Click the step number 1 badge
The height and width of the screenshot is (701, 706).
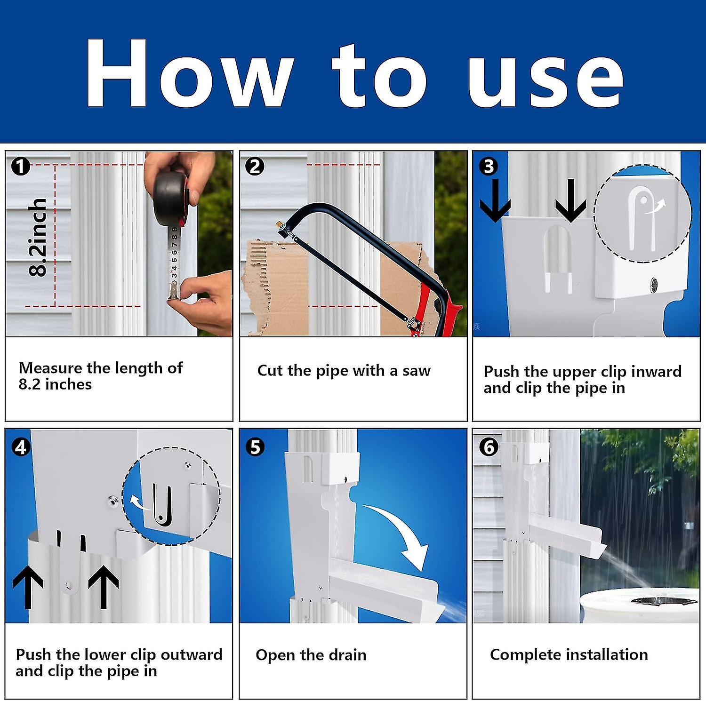tap(20, 166)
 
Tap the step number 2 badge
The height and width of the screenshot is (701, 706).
tap(255, 166)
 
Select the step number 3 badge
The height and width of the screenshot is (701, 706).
tap(489, 166)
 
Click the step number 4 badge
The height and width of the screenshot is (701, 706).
tap(20, 447)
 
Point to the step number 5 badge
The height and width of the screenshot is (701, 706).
tap(255, 447)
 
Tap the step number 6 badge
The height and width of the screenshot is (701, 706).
tap(489, 447)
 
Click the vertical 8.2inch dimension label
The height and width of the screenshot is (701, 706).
tap(38, 237)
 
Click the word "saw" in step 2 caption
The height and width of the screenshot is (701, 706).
tap(416, 371)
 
